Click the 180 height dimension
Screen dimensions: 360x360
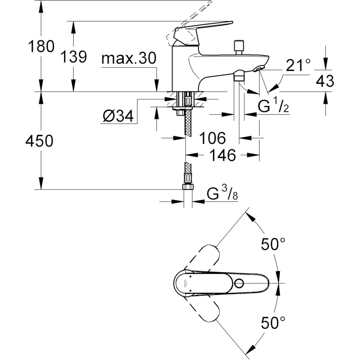41,46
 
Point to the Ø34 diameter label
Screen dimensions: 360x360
118,116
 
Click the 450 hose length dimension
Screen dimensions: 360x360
39,141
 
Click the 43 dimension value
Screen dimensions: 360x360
324,81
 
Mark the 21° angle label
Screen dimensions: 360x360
298,65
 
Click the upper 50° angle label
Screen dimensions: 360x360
273,244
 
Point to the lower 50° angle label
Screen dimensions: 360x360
273,322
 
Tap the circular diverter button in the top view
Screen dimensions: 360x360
240,283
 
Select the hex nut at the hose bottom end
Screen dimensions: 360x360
188,186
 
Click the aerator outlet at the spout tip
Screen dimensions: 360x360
259,68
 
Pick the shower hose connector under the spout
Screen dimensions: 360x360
239,76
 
